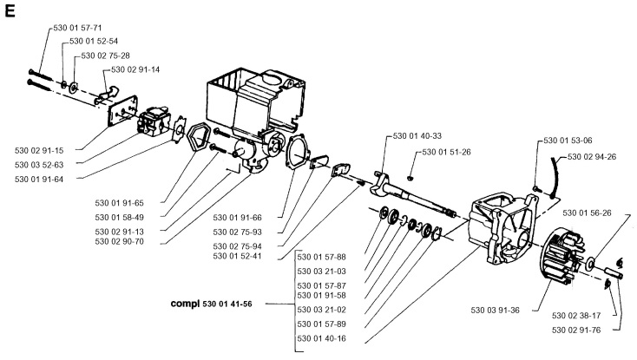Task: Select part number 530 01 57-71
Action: (x=76, y=29)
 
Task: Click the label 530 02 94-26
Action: (x=593, y=156)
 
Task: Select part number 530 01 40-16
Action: (x=322, y=338)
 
